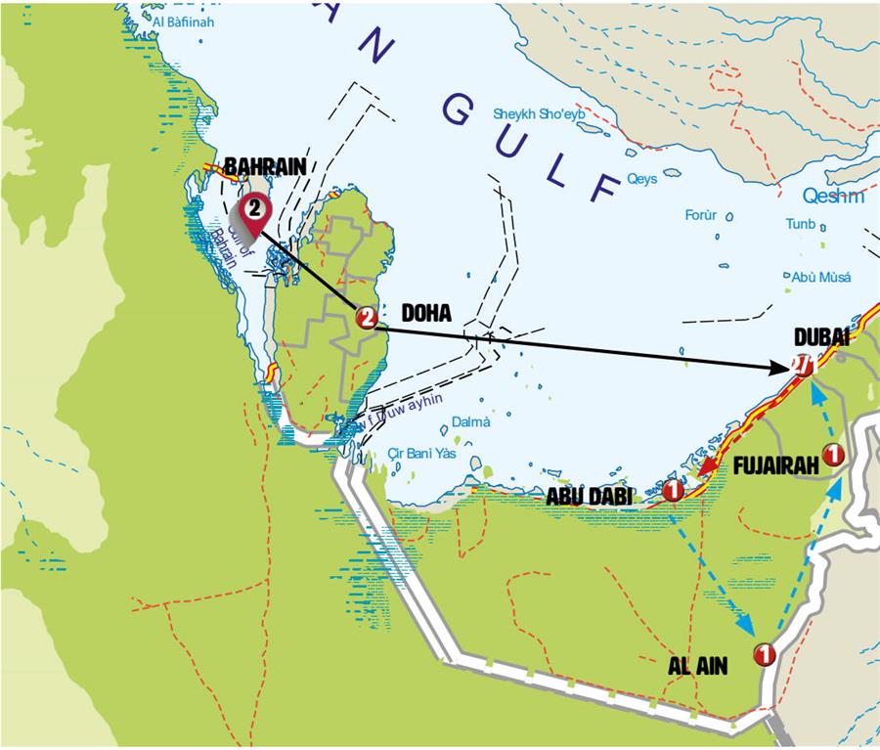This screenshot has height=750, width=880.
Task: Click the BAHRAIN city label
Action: (x=266, y=166)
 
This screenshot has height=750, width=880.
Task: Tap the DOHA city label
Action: (x=426, y=314)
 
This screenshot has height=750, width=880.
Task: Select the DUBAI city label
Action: (x=821, y=337)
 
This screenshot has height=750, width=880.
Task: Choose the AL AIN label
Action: (x=698, y=665)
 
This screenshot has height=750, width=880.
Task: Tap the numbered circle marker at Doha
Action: (x=367, y=318)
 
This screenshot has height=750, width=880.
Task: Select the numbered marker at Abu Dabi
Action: (x=673, y=491)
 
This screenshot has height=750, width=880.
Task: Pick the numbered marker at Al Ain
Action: (x=765, y=654)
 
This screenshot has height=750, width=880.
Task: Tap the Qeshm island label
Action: (x=833, y=197)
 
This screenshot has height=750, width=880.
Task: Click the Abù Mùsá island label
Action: (x=821, y=277)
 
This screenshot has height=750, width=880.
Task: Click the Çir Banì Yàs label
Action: (x=422, y=453)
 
